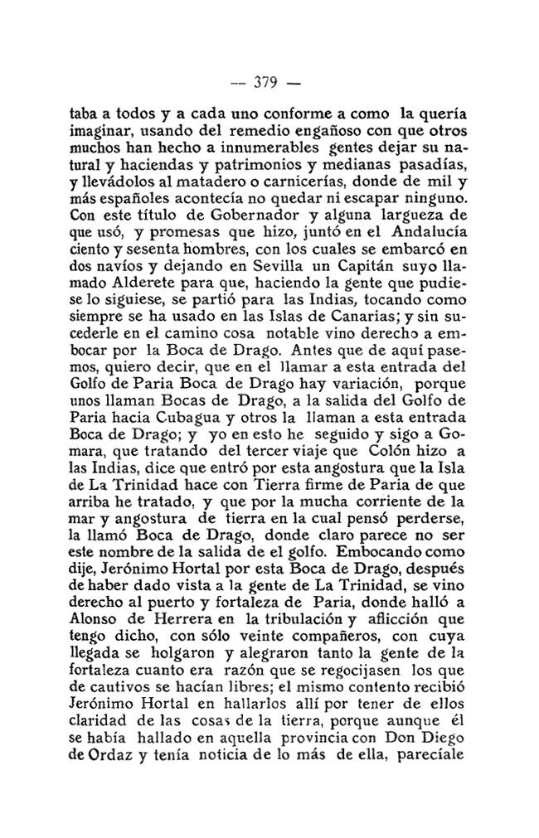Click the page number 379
[x=269, y=83]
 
